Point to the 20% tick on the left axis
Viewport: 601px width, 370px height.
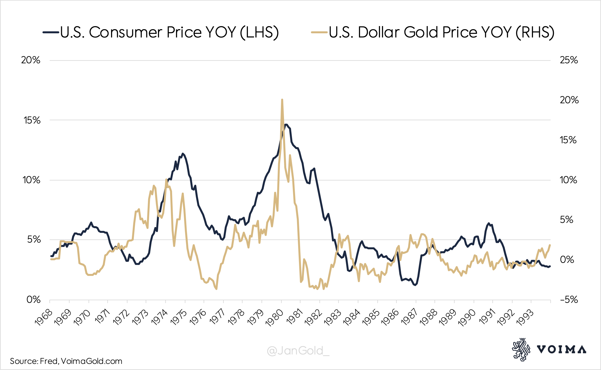tap(31, 60)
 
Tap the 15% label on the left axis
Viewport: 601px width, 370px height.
tap(32, 120)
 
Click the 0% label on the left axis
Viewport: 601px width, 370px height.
tap(33, 299)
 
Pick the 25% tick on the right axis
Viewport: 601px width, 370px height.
tap(569, 60)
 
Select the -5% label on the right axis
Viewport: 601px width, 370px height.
tap(569, 299)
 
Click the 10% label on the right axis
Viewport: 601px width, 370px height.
tap(568, 180)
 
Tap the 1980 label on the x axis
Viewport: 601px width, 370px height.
tap(274, 317)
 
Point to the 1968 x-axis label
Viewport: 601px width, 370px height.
tap(44, 317)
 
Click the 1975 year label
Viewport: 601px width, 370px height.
tap(178, 317)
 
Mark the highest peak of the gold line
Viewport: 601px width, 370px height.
tap(282, 100)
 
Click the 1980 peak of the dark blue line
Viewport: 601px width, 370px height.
tap(286, 125)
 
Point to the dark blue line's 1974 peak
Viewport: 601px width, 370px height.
tap(183, 153)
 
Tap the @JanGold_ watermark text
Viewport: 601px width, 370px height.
tap(298, 351)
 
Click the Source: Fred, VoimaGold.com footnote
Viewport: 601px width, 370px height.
tap(66, 361)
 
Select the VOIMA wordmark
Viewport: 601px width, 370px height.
tap(561, 349)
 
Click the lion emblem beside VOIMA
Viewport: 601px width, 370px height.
tap(520, 349)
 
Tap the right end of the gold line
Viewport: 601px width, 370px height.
tap(550, 245)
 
